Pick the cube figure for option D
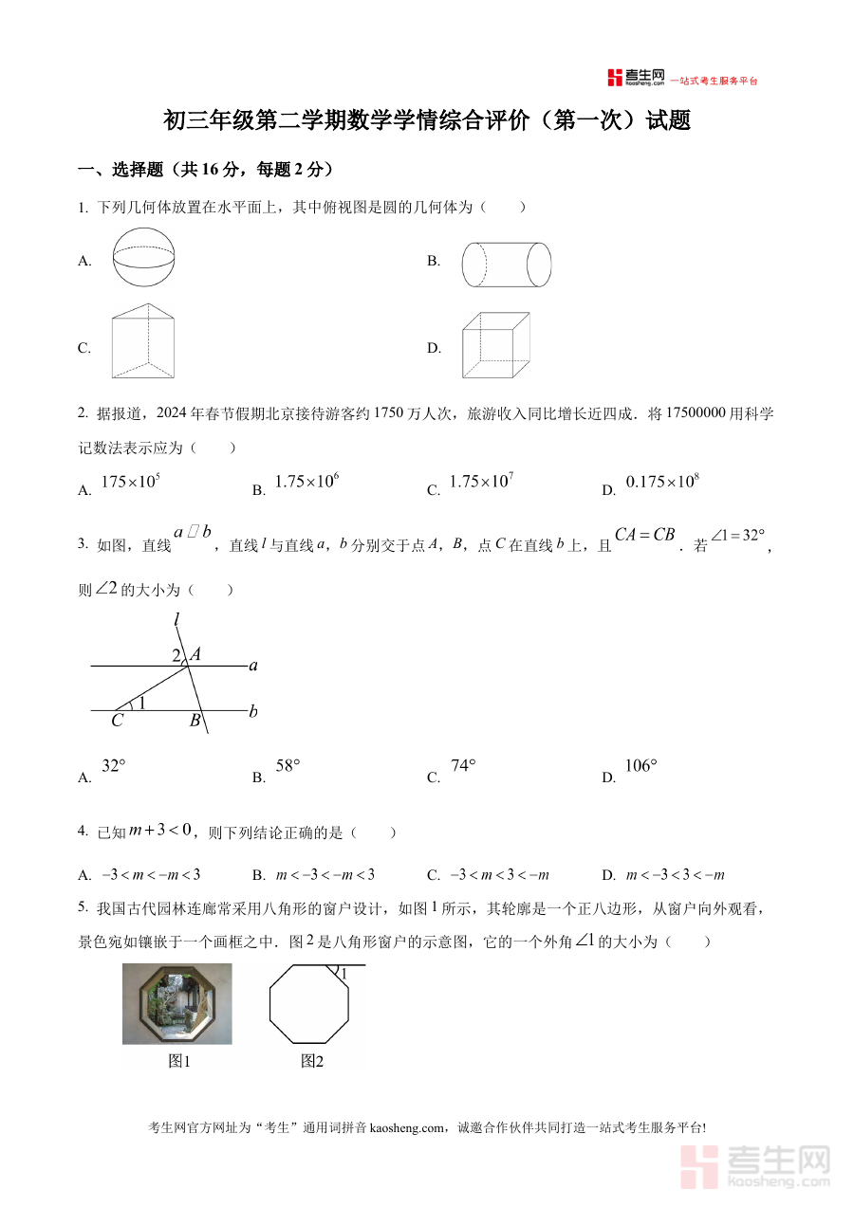pos(494,345)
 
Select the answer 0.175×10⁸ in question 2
pos(662,482)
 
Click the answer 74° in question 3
pos(463,767)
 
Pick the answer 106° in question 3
pos(641,767)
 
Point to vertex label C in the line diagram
pos(117,721)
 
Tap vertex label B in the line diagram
pos(195,721)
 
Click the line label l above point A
pos(176,621)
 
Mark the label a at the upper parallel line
pos(253,666)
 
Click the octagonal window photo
pos(177,1003)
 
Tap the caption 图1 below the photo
pos(179,1062)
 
